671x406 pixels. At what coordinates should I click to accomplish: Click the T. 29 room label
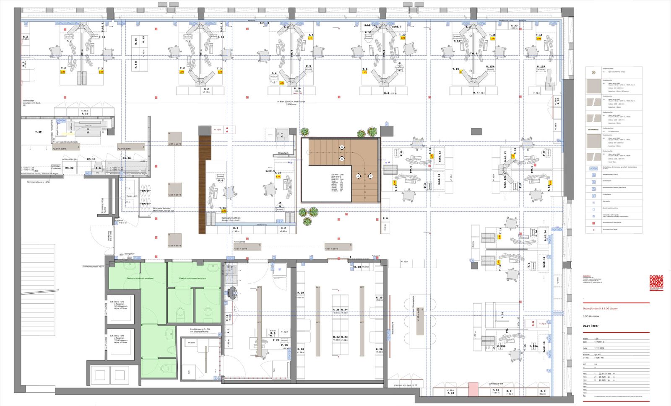coord(38,132)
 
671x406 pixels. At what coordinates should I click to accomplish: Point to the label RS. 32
coord(69,168)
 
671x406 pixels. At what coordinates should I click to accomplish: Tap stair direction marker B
coord(342,159)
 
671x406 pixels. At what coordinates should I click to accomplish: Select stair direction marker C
coord(370,176)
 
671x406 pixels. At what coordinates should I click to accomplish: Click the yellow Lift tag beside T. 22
coord(278,177)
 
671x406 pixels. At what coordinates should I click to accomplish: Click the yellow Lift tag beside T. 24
coord(224,212)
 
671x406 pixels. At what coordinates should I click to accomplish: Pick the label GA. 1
coord(145,204)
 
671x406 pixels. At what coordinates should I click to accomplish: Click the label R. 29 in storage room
coord(301,293)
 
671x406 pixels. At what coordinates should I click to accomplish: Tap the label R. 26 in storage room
coord(379,349)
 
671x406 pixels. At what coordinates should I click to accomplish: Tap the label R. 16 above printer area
coord(85,114)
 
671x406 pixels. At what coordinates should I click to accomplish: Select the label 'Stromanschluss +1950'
coord(39,182)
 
